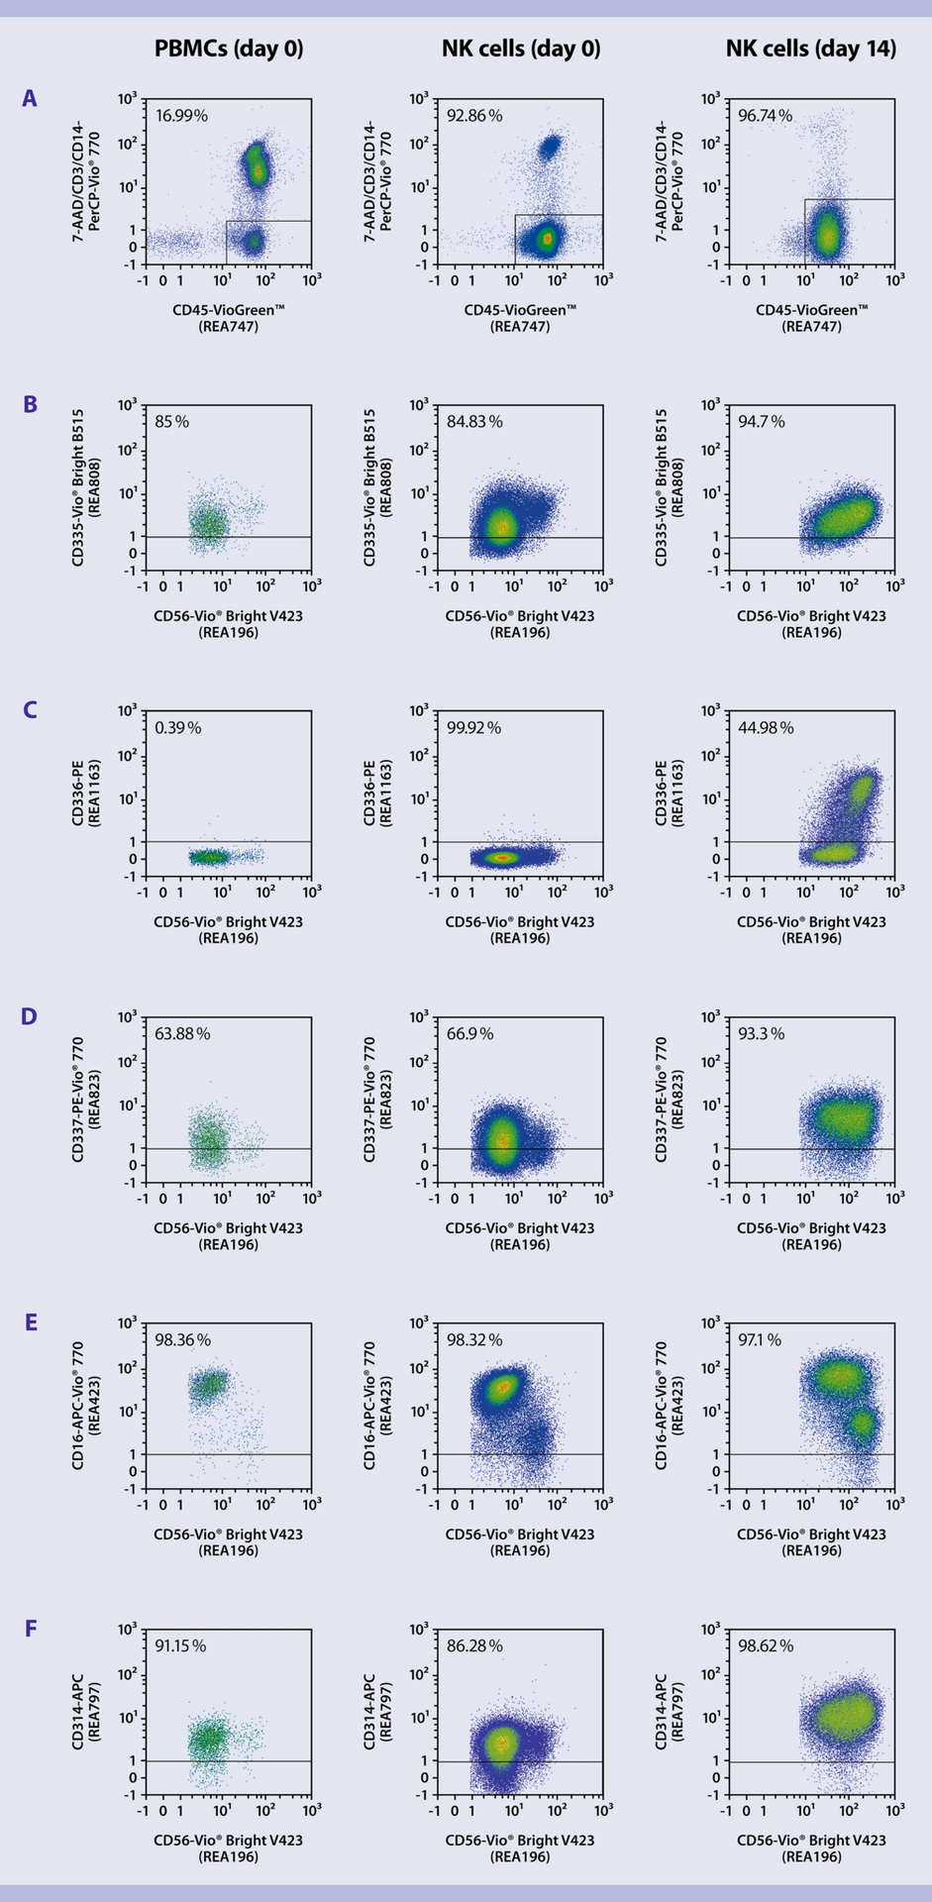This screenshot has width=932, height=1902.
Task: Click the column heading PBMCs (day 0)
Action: coord(228,49)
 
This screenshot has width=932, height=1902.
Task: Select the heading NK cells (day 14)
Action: coord(810,49)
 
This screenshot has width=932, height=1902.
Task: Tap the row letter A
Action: coord(30,98)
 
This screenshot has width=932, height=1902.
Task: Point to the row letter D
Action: coord(30,1016)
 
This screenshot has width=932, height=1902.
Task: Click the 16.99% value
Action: coord(181,116)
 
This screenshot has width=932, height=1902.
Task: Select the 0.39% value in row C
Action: coord(177,728)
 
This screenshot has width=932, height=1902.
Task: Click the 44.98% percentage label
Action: coord(766,728)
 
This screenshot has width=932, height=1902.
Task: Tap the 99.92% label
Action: coord(473,728)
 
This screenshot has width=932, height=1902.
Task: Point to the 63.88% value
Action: coord(182,1034)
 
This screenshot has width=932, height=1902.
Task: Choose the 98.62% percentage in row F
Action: coord(766,1646)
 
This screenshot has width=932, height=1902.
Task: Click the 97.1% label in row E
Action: coord(761,1340)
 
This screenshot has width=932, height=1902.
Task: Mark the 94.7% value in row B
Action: coord(761,422)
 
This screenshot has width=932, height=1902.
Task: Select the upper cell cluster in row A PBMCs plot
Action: coord(257,164)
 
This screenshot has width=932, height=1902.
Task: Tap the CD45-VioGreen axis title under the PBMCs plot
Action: coord(229,310)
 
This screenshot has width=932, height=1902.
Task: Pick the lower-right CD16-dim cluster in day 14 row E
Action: coord(862,1424)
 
